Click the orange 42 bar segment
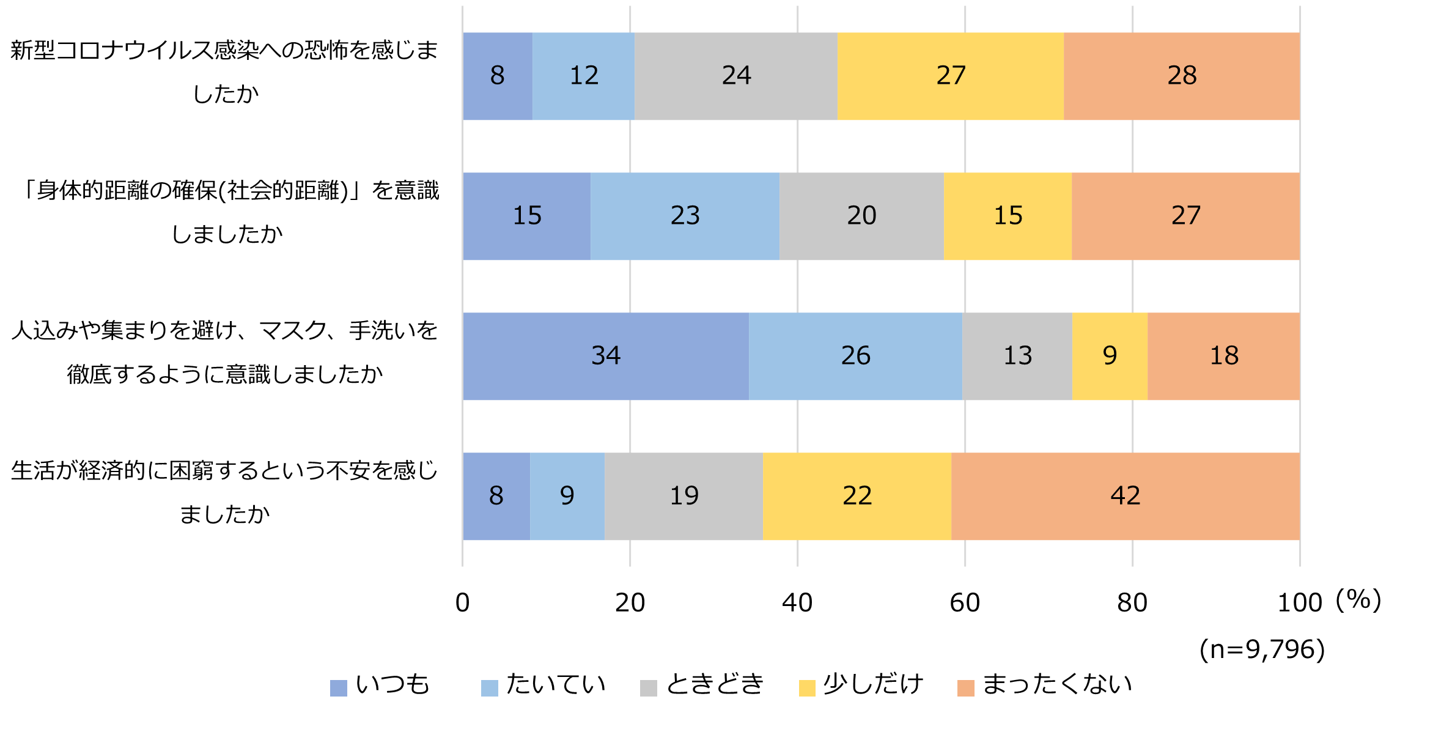1125,496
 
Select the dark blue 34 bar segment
605,356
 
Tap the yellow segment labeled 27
950,76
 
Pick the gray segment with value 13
1017,356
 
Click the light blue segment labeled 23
685,216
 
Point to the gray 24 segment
735,76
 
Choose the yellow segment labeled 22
857,496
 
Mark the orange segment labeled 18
1223,356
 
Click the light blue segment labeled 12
583,76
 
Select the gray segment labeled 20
861,216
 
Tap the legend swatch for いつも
339,688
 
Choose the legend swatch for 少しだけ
807,688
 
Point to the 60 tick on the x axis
965,603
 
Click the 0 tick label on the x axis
463,603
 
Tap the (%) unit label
1358,600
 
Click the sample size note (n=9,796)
1262,649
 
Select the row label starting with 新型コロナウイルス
225,72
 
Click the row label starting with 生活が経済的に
225,492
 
